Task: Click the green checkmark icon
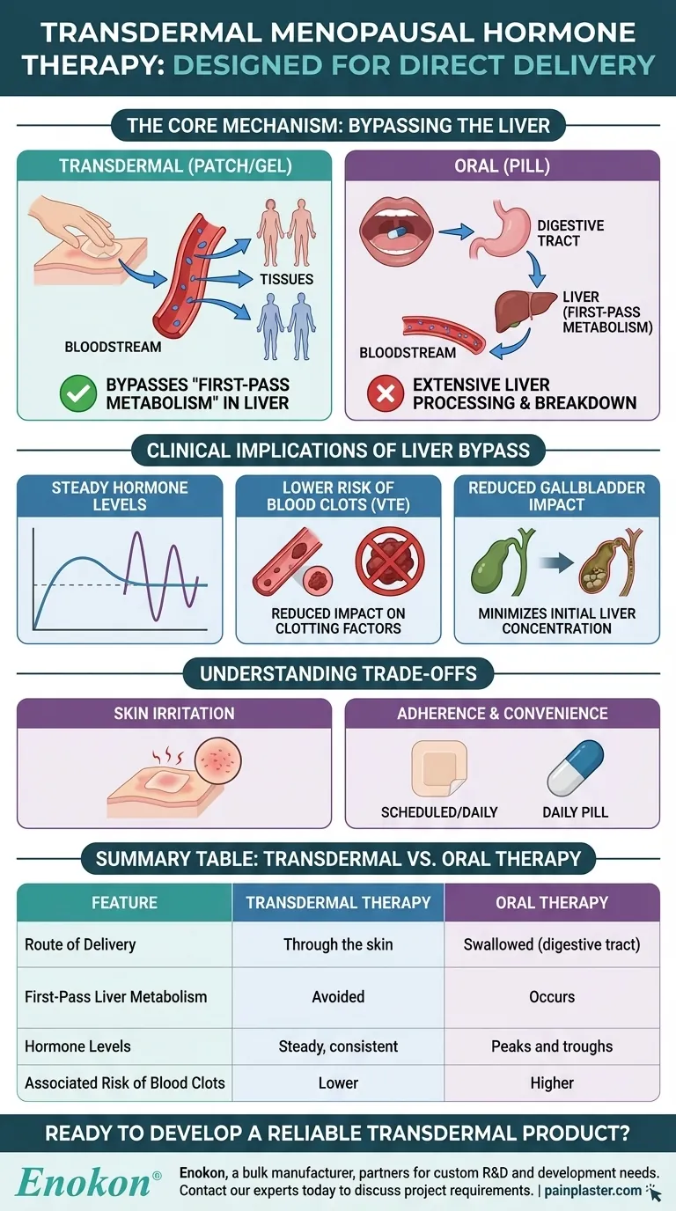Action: pyautogui.click(x=78, y=393)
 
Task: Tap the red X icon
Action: pyautogui.click(x=386, y=393)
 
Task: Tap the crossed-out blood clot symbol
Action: pyautogui.click(x=389, y=564)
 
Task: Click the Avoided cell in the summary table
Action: pyautogui.click(x=338, y=997)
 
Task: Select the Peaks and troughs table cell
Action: pyautogui.click(x=552, y=1046)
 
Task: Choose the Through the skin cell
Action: pyautogui.click(x=338, y=944)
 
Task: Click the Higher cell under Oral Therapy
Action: pyautogui.click(x=552, y=1083)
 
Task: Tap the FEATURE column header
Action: pyautogui.click(x=124, y=903)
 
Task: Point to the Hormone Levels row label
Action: pyautogui.click(x=77, y=1046)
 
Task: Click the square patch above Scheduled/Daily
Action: pyautogui.click(x=439, y=768)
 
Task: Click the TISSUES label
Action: pyautogui.click(x=285, y=279)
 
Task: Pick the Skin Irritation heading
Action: pyautogui.click(x=174, y=713)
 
